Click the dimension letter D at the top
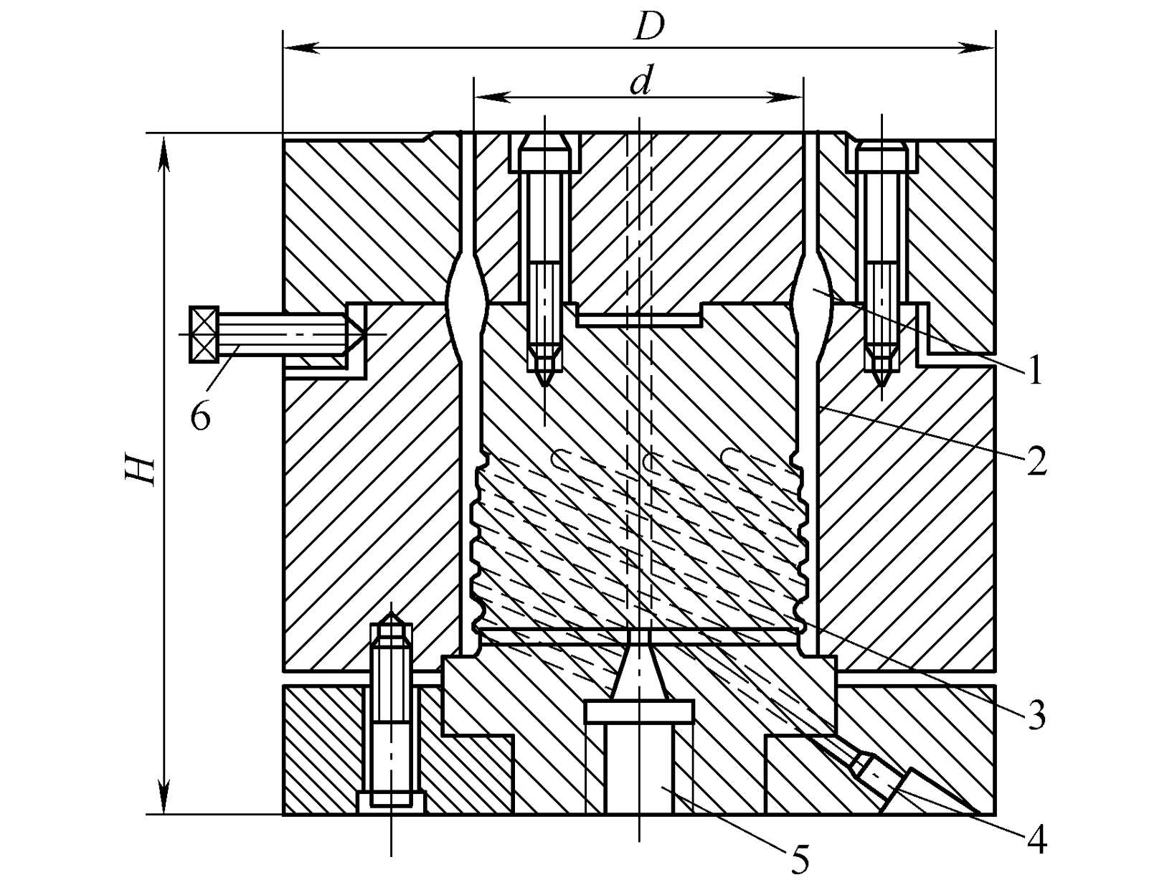(648, 27)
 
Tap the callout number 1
(1035, 371)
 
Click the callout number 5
(799, 859)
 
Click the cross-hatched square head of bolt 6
(204, 335)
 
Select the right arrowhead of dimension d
(787, 98)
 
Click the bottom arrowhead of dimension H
(165, 796)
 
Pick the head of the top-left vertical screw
(544, 151)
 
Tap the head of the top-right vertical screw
(882, 156)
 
